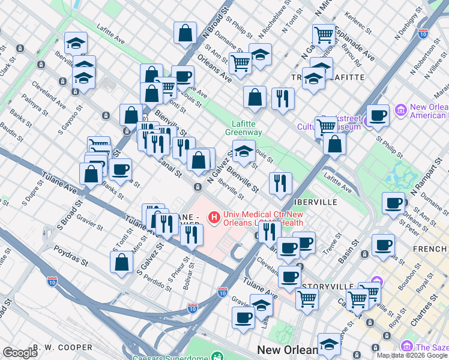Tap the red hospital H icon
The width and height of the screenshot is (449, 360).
coord(212,217)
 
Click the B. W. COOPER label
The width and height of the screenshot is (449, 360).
coord(62,347)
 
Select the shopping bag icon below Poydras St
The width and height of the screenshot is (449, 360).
coord(122,262)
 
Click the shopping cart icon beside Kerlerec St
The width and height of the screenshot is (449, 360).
coord(324,34)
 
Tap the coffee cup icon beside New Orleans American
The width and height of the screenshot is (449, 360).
coord(378,115)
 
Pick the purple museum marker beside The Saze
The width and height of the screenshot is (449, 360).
coord(407,347)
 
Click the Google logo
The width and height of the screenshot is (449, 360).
coord(20,353)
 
